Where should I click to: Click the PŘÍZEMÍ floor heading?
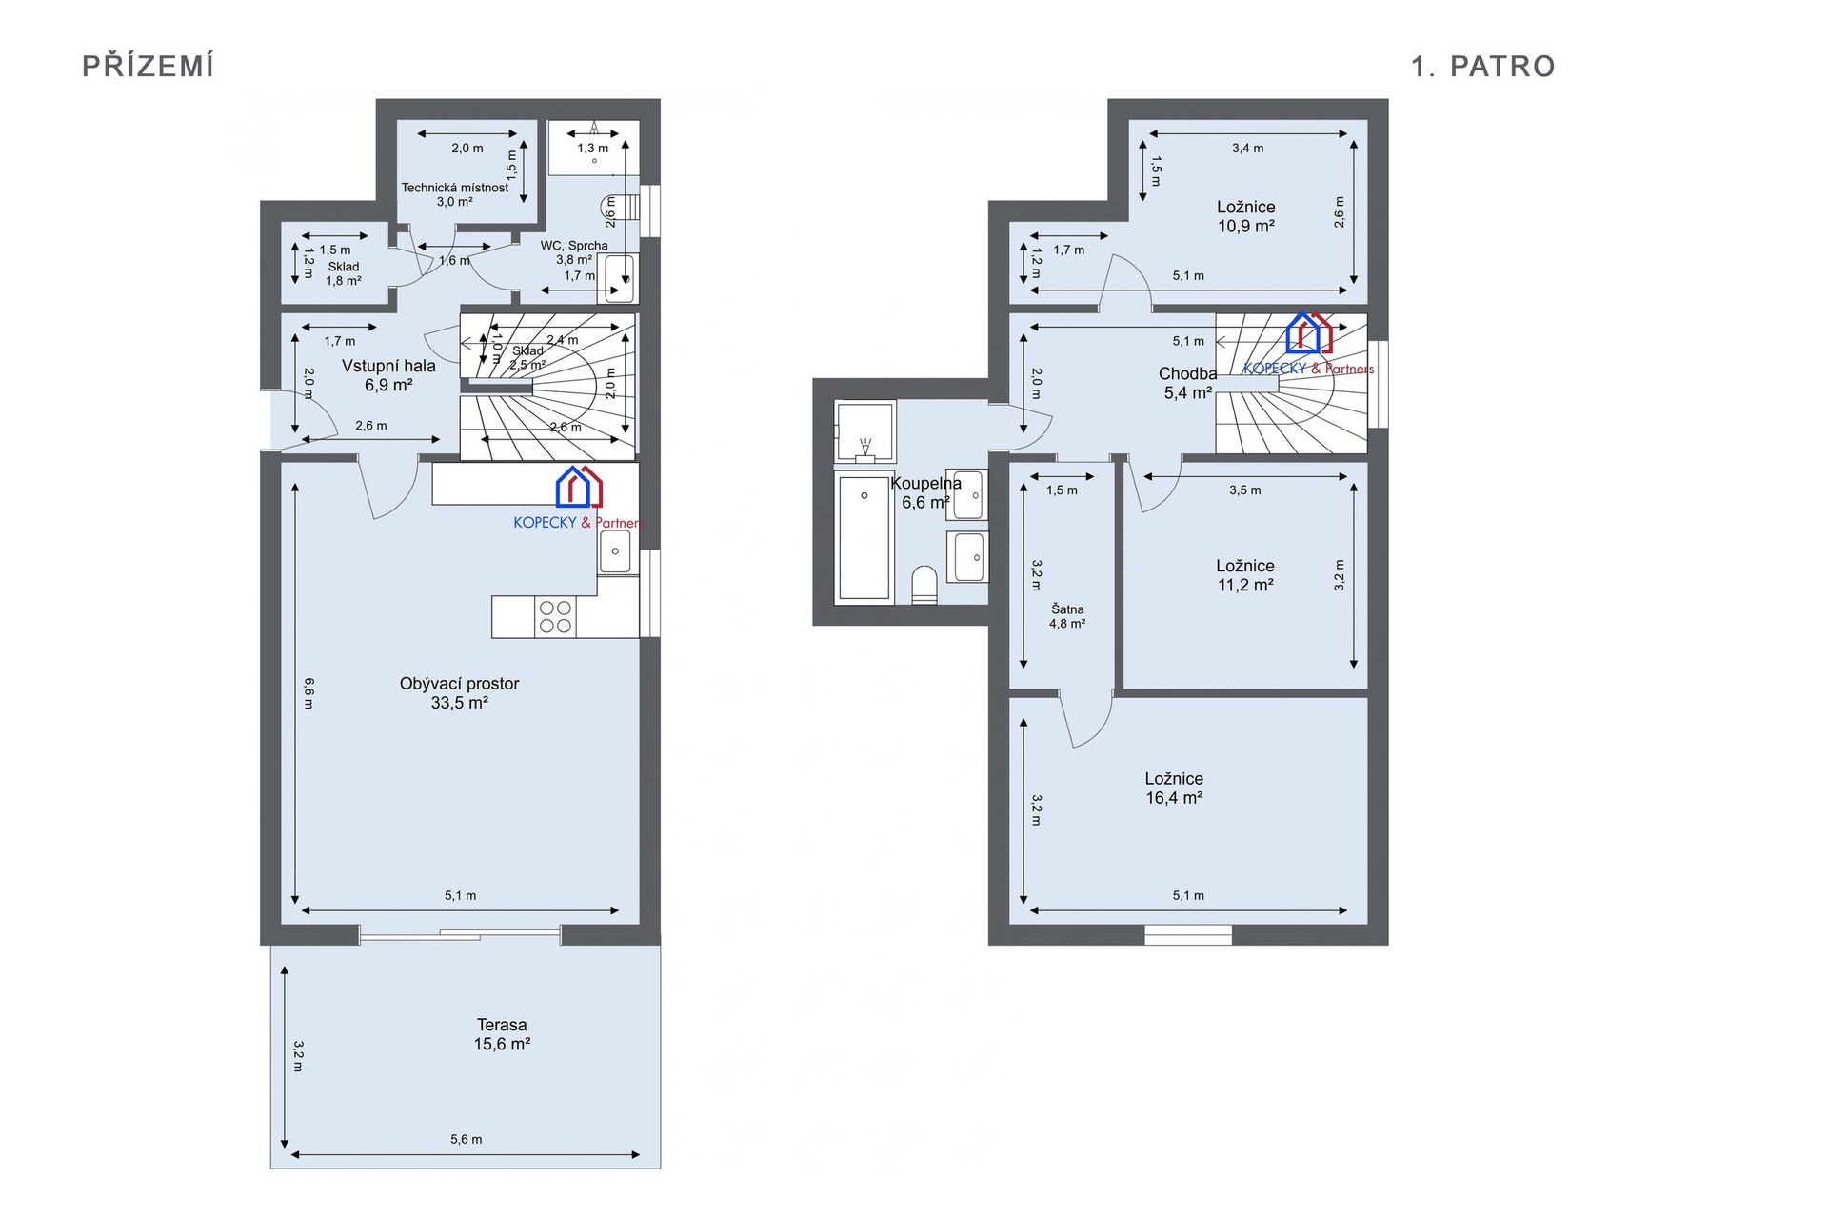(148, 66)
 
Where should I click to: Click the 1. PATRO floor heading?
(1482, 66)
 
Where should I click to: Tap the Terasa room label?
(502, 1025)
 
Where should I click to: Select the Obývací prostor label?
(459, 684)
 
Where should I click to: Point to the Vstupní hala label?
(388, 366)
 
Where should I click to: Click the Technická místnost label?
(454, 188)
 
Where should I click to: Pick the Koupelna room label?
(925, 483)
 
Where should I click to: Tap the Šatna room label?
(1067, 609)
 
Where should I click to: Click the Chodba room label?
(1187, 373)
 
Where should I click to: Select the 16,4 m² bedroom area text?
(1174, 798)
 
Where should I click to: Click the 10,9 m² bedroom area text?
(1245, 227)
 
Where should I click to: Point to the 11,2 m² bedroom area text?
(1245, 585)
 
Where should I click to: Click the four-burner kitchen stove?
(555, 617)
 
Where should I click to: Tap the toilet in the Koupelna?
(924, 585)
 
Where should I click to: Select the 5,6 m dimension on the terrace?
(466, 1139)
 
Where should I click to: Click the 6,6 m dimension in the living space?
(308, 693)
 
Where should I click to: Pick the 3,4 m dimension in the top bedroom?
(1247, 148)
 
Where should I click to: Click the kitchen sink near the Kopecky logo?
(615, 551)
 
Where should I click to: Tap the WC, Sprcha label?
(574, 246)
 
